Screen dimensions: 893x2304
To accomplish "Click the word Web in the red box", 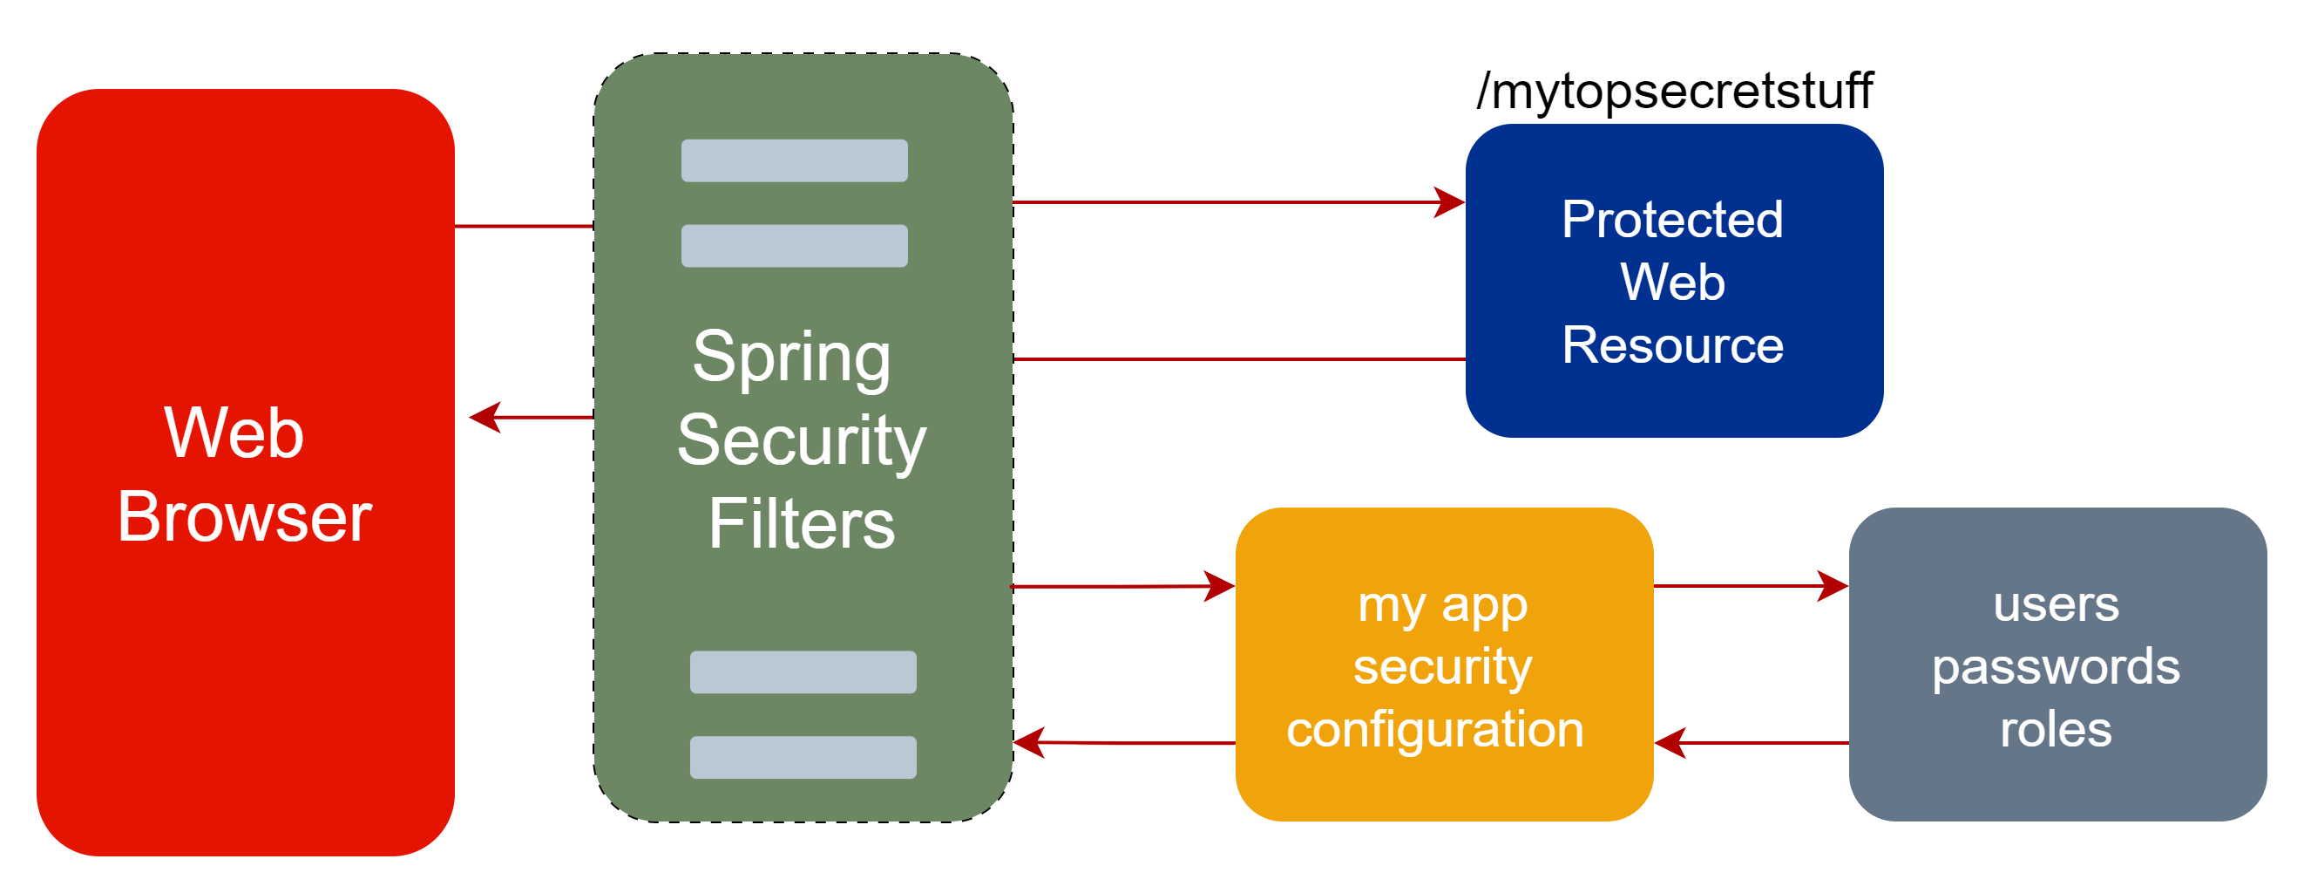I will click(x=234, y=433).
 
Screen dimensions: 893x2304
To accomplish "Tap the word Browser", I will click(x=244, y=517).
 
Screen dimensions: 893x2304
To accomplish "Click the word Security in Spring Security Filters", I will click(x=802, y=441).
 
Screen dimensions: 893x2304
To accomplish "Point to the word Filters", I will click(x=802, y=524).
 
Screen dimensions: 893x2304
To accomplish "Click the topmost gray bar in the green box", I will click(x=794, y=160).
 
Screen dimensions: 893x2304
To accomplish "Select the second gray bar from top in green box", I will click(x=794, y=245).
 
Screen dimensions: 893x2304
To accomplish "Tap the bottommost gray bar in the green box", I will click(x=803, y=757).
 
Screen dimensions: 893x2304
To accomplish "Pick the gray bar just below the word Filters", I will click(x=803, y=672).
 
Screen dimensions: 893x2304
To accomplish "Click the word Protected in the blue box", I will click(x=1672, y=220).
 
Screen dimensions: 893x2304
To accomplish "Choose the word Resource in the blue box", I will click(x=1672, y=345).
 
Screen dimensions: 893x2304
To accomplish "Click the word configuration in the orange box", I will click(x=1435, y=729).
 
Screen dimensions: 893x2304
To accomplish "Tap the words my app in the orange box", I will click(x=1442, y=605).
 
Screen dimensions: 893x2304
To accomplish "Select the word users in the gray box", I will click(x=2057, y=604).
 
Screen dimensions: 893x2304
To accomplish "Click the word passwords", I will click(x=2057, y=666).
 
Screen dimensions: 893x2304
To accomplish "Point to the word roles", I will click(x=2057, y=729).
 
